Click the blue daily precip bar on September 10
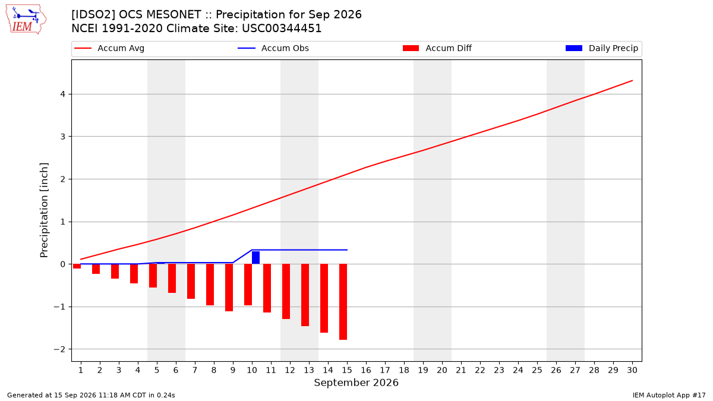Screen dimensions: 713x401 pyautogui.click(x=255, y=257)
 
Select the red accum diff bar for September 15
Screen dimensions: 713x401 pyautogui.click(x=343, y=302)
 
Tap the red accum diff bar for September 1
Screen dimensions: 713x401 pyautogui.click(x=77, y=266)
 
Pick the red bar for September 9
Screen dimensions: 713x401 pyautogui.click(x=229, y=288)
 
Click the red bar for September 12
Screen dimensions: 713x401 pyautogui.click(x=286, y=291)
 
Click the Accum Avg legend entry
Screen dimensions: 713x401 pyautogui.click(x=109, y=48)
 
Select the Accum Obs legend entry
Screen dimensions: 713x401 pyautogui.click(x=273, y=48)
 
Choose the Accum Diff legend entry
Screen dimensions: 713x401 pyautogui.click(x=437, y=48)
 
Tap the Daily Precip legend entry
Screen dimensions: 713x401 pyautogui.click(x=602, y=48)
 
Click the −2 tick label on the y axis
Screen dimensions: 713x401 pyautogui.click(x=59, y=349)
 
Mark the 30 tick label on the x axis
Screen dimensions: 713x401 pyautogui.click(x=632, y=370)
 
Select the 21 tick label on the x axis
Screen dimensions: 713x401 pyautogui.click(x=461, y=370)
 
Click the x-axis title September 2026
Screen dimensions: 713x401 pyautogui.click(x=356, y=383)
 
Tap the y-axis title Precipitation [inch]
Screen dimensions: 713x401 pyautogui.click(x=44, y=210)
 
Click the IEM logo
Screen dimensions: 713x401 pyautogui.click(x=26, y=20)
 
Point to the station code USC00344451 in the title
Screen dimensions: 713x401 pyautogui.click(x=282, y=29)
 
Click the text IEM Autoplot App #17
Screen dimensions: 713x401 pyautogui.click(x=669, y=395)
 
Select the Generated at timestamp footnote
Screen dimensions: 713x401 pyautogui.click(x=91, y=395)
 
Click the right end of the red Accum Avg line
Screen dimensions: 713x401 pyautogui.click(x=632, y=81)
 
